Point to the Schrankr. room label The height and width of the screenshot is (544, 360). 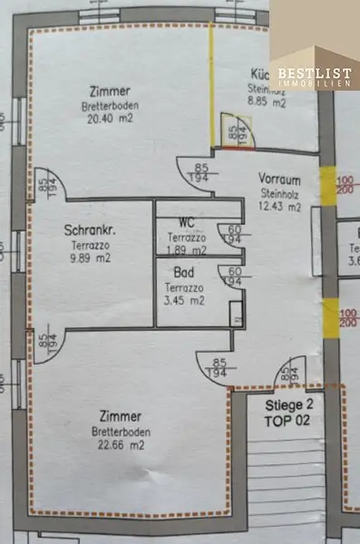point(87,229)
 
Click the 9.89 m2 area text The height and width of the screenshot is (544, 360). point(88,257)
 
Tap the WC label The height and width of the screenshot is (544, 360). point(187,222)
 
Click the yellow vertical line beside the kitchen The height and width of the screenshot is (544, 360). point(211,86)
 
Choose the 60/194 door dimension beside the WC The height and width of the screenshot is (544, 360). point(234,235)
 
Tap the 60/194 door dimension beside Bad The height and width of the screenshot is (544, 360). point(233,276)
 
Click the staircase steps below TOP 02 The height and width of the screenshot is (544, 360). point(285,481)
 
